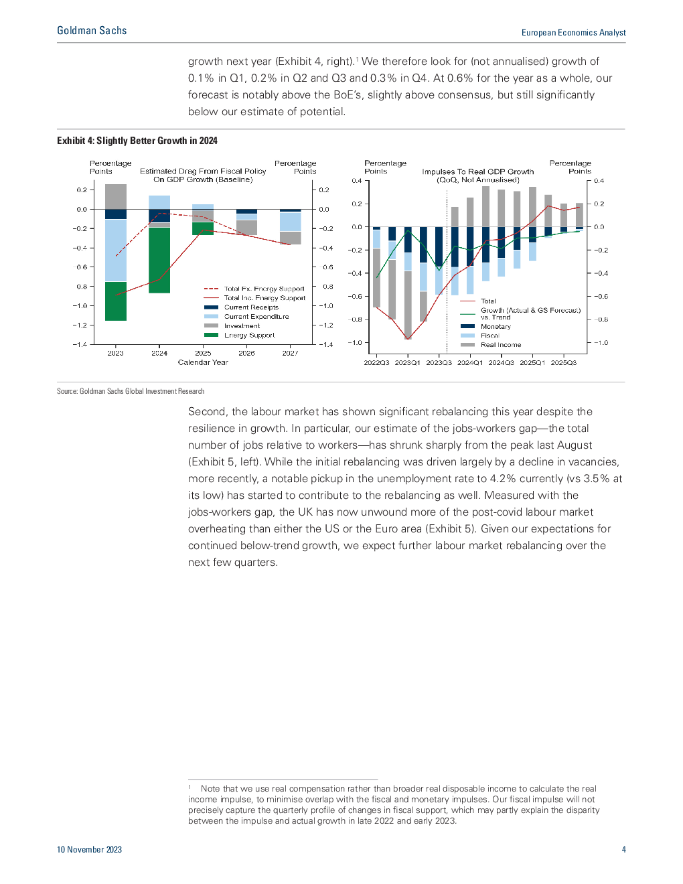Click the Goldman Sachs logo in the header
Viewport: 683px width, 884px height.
tap(92, 31)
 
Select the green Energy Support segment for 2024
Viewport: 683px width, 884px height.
tap(159, 261)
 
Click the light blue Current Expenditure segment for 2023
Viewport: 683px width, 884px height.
tap(116, 250)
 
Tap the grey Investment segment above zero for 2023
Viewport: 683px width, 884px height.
tap(116, 196)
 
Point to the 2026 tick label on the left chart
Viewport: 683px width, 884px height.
tap(246, 353)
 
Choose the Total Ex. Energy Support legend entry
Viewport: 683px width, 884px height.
tap(254, 289)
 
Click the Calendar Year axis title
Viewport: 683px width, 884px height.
tap(203, 362)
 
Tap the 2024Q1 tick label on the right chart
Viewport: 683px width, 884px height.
tap(470, 362)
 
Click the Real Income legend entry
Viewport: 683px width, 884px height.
tap(491, 345)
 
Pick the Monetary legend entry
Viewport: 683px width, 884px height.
tap(485, 326)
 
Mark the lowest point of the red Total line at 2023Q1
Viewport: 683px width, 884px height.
tap(408, 338)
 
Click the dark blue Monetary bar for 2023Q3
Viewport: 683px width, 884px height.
tap(439, 247)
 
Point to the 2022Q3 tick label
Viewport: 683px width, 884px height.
tap(376, 362)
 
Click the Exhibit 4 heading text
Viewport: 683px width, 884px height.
tap(137, 141)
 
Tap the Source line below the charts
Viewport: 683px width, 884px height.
tap(131, 391)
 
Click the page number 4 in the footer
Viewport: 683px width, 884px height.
tap(623, 849)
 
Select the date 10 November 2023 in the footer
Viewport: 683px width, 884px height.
tap(90, 849)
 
